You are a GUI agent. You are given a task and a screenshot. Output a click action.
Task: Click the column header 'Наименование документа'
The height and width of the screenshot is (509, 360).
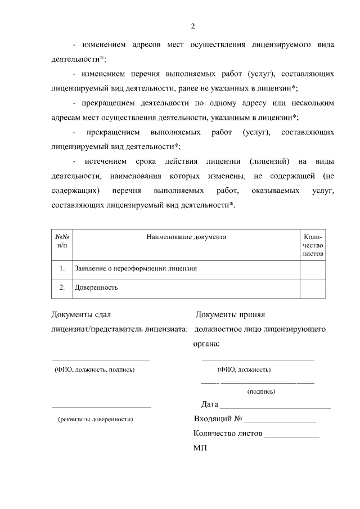tap(186, 237)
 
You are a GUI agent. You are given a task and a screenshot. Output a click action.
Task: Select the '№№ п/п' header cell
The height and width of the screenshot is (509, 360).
tap(62, 241)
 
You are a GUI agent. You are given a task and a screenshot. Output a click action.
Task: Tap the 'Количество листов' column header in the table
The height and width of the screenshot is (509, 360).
tap(313, 245)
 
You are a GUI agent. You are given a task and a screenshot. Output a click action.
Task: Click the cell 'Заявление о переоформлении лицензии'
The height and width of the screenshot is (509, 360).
tap(136, 268)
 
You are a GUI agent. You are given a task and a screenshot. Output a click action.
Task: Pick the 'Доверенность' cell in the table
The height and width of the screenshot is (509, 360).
tap(96, 287)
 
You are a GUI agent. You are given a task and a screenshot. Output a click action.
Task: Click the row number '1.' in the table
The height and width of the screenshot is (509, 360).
tap(62, 268)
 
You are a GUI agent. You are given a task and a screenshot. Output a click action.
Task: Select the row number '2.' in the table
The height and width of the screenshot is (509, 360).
tap(62, 287)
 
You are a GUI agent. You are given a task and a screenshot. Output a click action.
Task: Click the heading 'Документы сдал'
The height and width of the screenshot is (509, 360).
tap(85, 316)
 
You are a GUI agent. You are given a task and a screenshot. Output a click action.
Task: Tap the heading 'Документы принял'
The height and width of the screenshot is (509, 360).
tap(229, 316)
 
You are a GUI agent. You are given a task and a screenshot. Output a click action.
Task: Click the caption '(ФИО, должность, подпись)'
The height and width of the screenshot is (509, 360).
tap(94, 370)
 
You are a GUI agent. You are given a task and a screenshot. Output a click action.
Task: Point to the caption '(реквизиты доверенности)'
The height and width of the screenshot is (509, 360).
tap(96, 419)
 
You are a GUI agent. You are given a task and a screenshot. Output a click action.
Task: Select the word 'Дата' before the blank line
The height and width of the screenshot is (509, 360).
tap(210, 404)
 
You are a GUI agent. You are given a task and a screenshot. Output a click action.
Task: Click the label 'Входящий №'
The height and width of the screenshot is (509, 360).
tap(218, 419)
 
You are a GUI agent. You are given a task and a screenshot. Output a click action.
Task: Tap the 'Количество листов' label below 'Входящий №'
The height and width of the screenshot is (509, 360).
tap(227, 434)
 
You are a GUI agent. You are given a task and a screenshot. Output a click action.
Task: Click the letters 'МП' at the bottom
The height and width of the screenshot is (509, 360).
tap(200, 449)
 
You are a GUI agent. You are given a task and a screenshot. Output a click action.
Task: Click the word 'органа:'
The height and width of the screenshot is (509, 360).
tap(206, 343)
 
